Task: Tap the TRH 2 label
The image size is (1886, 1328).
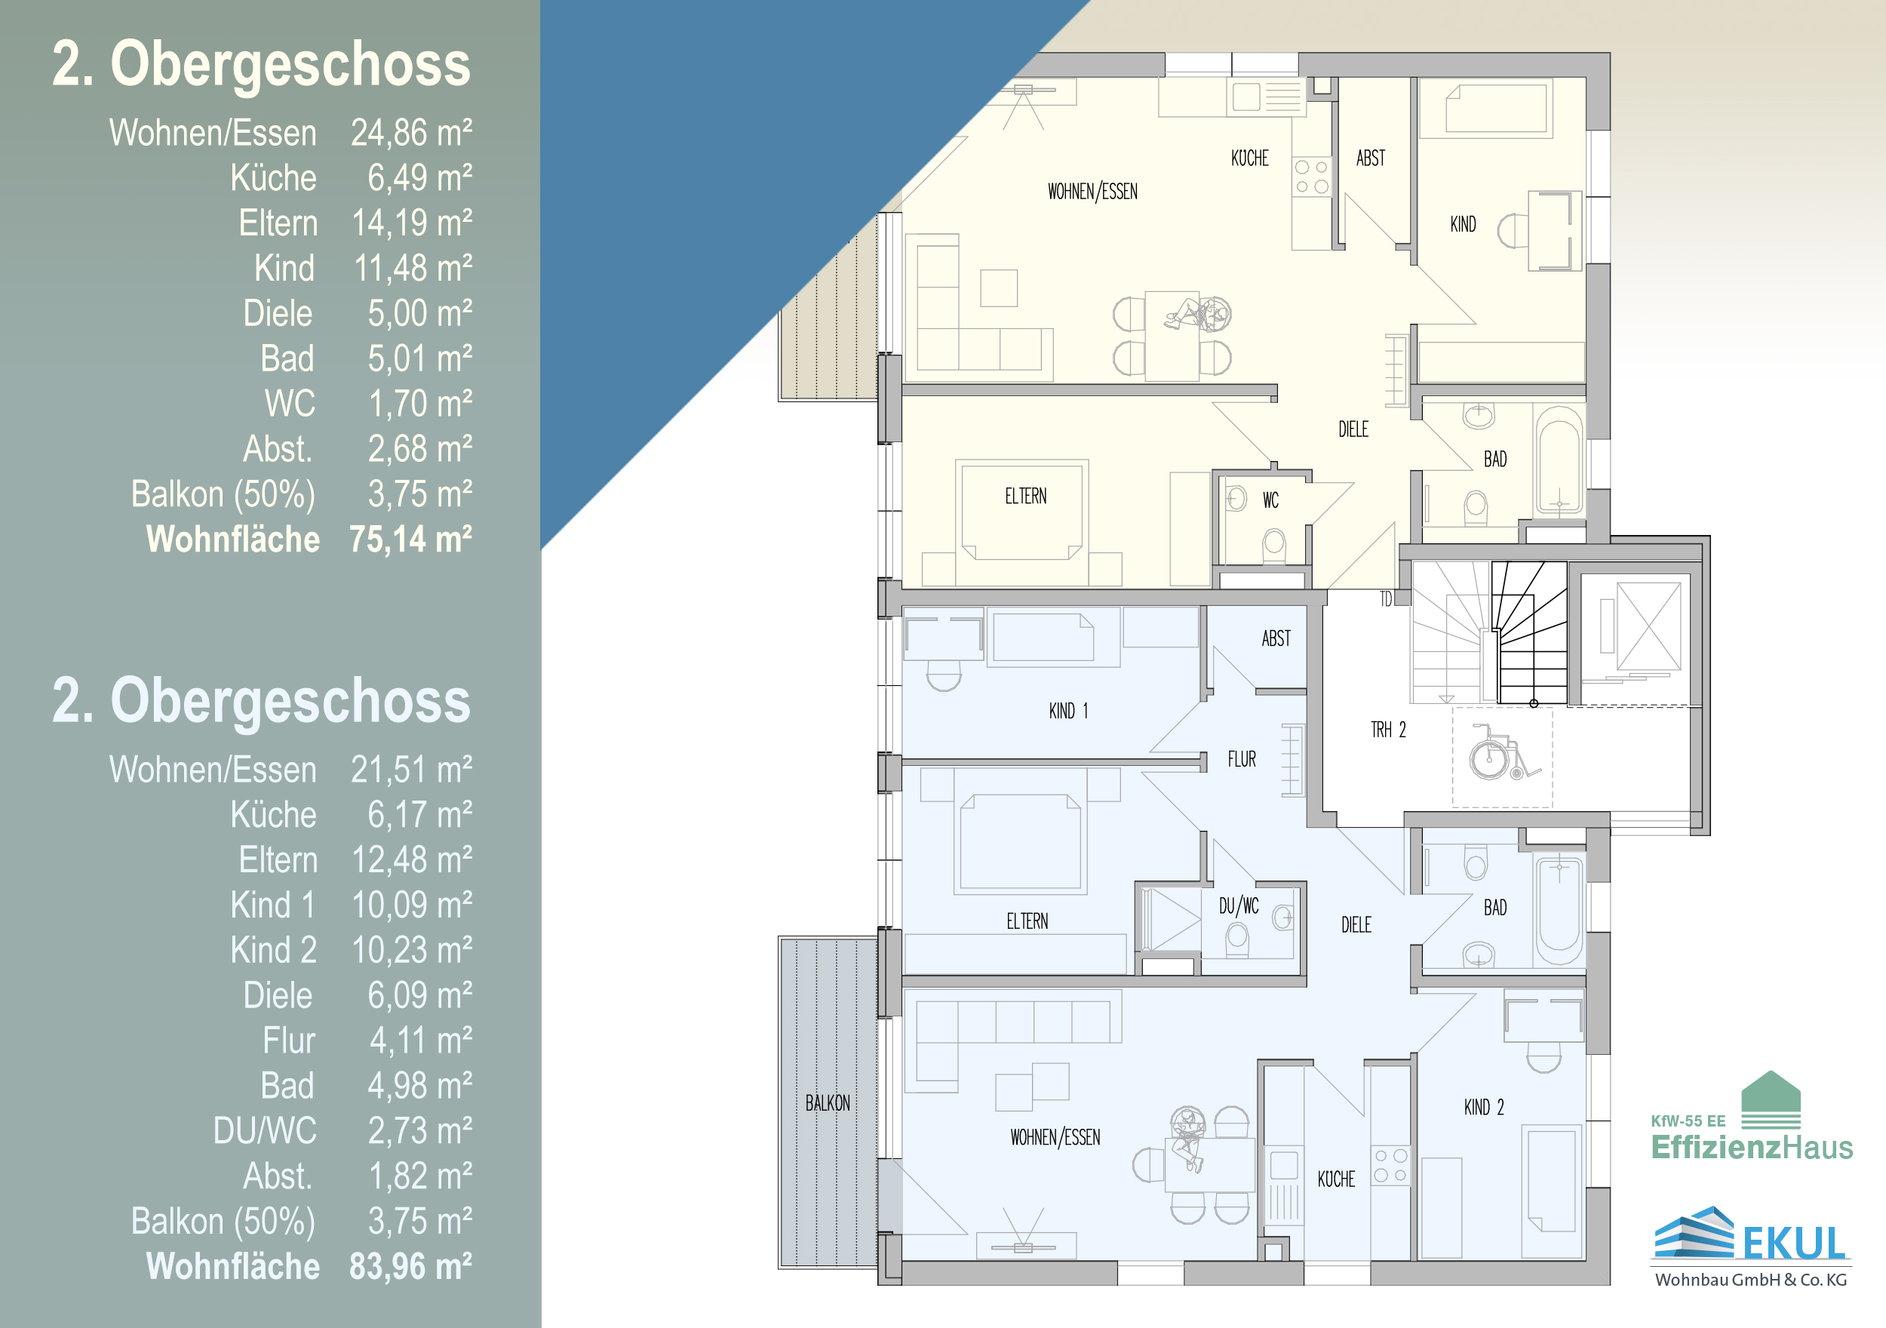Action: pos(1388,730)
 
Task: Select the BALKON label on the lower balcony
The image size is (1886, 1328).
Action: pos(827,1103)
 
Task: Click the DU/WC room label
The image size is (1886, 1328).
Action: pos(1239,905)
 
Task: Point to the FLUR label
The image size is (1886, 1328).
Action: pos(1242,759)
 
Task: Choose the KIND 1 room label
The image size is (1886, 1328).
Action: pos(1069,711)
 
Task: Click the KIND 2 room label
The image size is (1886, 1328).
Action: pos(1483,1108)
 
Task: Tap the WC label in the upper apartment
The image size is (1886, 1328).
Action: pos(1270,500)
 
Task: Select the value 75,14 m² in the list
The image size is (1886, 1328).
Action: pos(410,539)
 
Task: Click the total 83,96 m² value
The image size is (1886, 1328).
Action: pos(410,1266)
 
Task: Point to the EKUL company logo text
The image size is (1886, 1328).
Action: pos(1794,1243)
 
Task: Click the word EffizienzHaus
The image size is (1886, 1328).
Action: pos(1752,1146)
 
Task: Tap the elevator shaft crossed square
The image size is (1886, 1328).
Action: pos(1648,626)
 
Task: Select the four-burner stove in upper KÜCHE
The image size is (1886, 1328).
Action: pos(1312,177)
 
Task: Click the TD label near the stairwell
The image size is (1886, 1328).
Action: pos(1386,599)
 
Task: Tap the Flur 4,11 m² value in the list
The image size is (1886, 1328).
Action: pos(420,1041)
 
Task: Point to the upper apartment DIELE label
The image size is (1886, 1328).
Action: pos(1353,429)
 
